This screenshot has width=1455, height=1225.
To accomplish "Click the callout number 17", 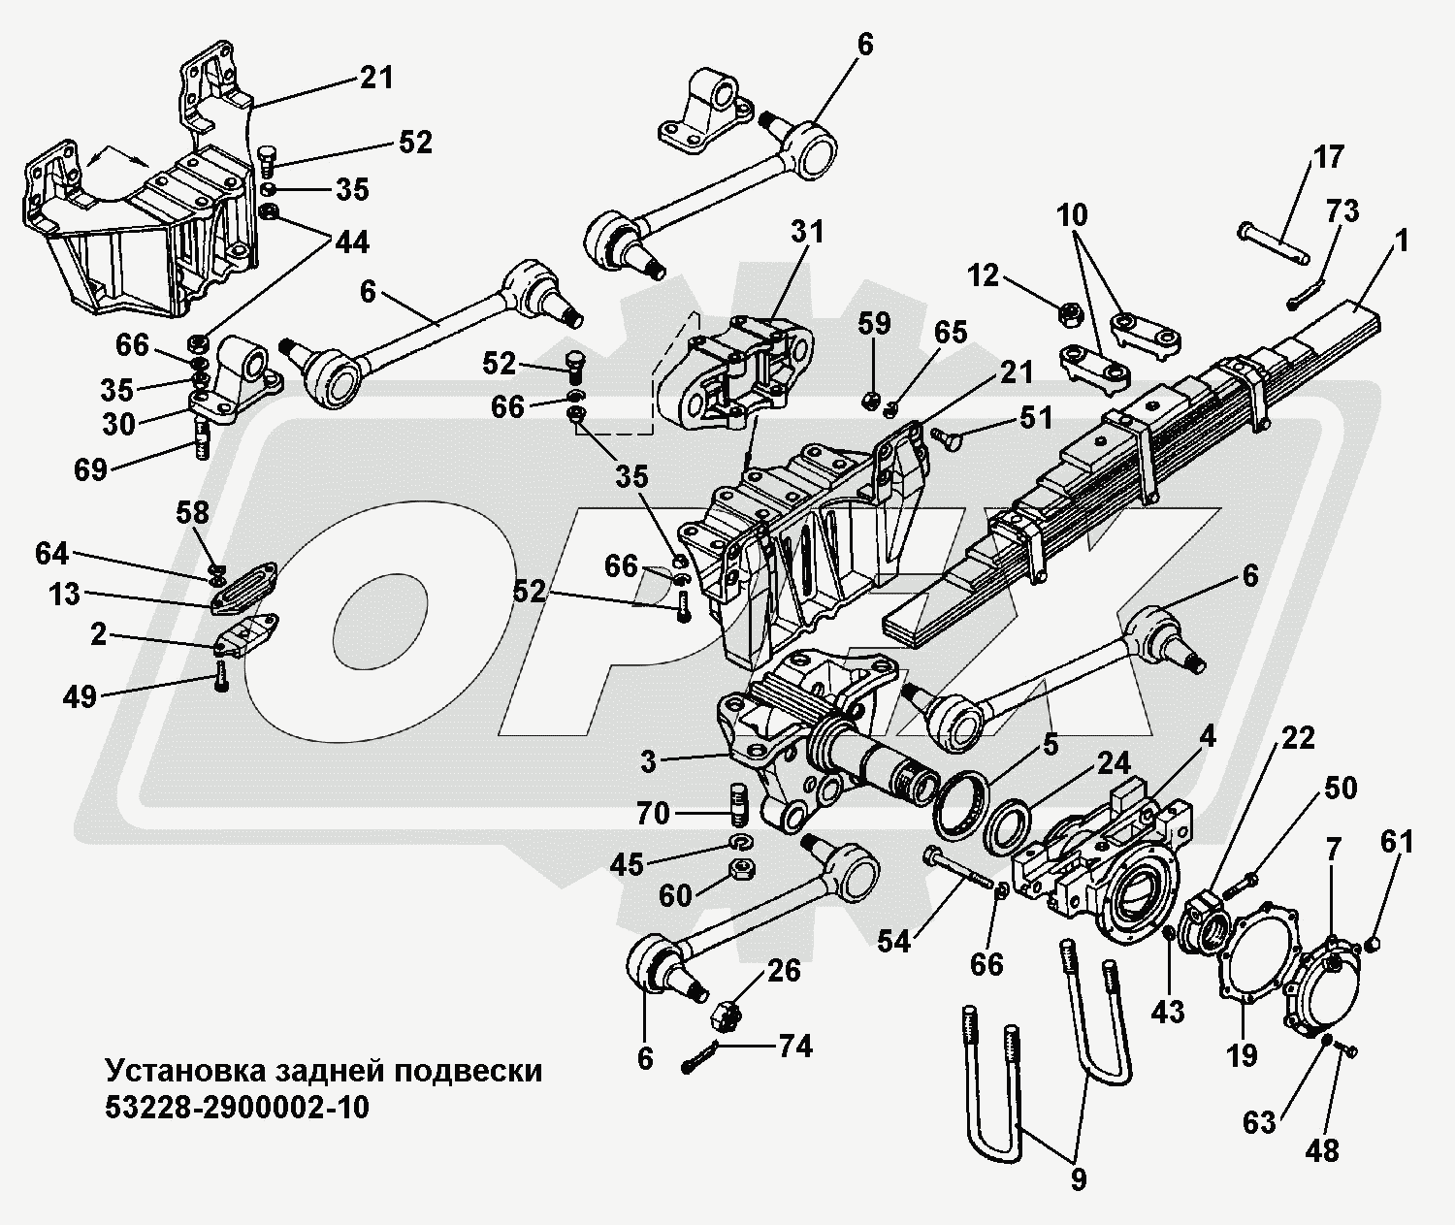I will pyautogui.click(x=1330, y=156).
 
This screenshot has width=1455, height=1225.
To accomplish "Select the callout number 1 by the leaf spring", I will pyautogui.click(x=1401, y=242).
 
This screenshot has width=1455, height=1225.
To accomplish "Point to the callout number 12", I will pyautogui.click(x=983, y=275).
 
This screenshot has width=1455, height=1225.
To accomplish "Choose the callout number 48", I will pyautogui.click(x=1322, y=1150).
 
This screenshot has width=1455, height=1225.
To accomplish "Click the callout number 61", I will pyautogui.click(x=1398, y=842).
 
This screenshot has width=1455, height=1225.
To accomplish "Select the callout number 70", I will pyautogui.click(x=653, y=812).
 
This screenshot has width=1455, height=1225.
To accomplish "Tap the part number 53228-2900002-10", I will pyautogui.click(x=237, y=1107).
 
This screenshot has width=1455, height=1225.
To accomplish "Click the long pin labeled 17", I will pyautogui.click(x=1274, y=243).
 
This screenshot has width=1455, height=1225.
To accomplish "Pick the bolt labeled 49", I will pyautogui.click(x=222, y=675).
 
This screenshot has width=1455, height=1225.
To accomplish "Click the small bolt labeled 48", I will pyautogui.click(x=1346, y=1048).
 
